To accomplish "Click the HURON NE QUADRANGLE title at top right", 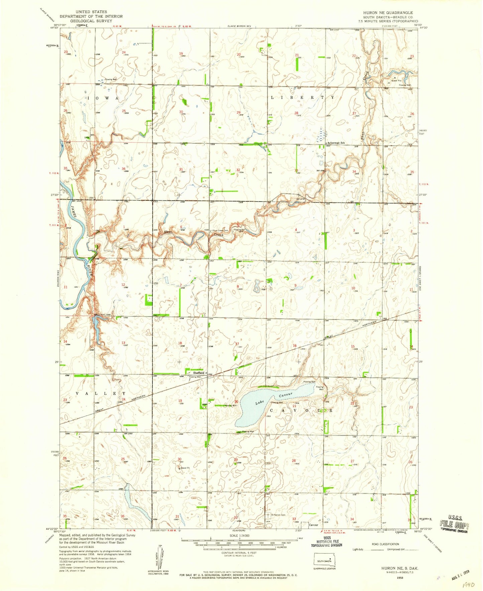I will [388, 12].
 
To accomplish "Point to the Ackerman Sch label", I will [336, 143].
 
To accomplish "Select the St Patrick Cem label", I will [278, 515].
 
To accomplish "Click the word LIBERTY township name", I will [302, 97].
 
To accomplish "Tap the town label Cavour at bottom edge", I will [314, 525].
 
